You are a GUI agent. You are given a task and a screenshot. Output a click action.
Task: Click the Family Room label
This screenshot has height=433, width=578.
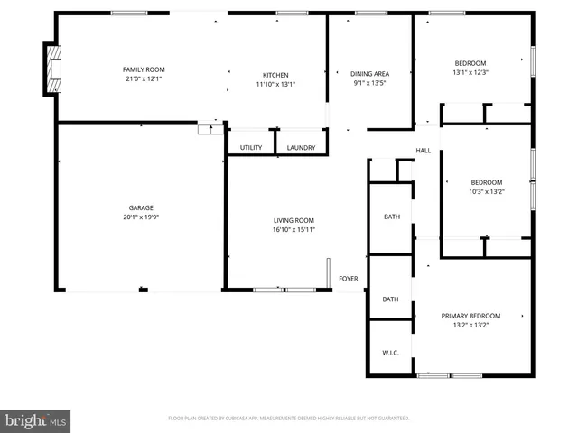tap(144, 69)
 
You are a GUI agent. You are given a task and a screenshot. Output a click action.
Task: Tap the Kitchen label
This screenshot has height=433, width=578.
tap(275, 75)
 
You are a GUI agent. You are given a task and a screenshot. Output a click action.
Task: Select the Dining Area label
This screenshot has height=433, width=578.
tap(369, 74)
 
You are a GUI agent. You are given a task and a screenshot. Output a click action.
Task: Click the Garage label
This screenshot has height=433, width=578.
tap(139, 207)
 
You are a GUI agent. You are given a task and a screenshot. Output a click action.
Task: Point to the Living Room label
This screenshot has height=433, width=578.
tap(294, 220)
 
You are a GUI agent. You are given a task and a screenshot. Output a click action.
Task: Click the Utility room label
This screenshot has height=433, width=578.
tap(251, 147)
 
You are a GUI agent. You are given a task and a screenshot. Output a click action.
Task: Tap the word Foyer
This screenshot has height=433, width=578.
tap(349, 279)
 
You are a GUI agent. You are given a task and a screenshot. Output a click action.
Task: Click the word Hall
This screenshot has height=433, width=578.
tap(423, 151)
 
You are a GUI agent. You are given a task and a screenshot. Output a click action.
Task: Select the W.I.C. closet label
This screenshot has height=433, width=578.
tap(390, 353)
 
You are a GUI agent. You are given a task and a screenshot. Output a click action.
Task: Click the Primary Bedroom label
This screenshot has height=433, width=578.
tap(471, 316)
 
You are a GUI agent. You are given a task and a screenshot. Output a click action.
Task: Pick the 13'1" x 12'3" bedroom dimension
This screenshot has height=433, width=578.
tap(470, 72)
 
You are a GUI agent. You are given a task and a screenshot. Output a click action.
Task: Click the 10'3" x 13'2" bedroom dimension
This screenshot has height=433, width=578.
tap(486, 191)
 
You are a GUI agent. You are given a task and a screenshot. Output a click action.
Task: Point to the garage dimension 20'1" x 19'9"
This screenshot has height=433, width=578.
tap(139, 217)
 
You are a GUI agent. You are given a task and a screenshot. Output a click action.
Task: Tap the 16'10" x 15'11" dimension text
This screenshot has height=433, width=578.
tap(294, 229)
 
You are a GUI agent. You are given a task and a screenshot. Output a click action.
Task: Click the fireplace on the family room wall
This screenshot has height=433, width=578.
tap(51, 69)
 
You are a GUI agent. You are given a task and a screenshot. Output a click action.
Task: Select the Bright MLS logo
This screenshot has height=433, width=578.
tap(35, 420)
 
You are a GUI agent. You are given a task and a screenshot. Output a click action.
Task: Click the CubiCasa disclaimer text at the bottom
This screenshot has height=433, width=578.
tap(289, 419)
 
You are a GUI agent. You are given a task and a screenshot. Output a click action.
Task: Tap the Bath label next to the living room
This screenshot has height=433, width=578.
tap(391, 216)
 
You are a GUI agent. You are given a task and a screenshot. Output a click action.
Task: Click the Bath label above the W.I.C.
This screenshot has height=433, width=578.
tap(390, 299)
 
